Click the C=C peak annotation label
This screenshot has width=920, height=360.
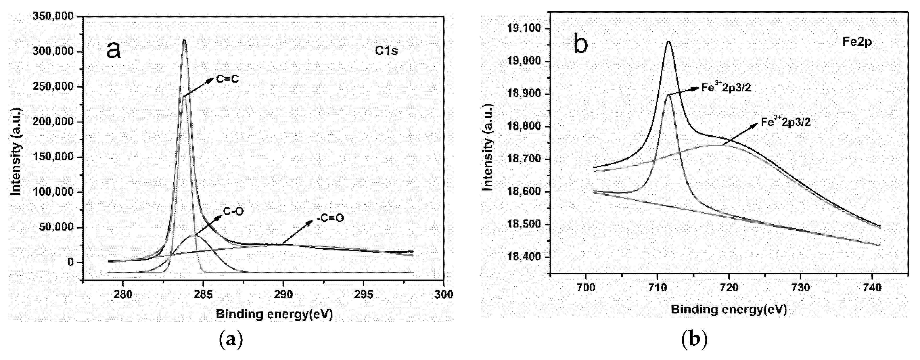tap(227, 79)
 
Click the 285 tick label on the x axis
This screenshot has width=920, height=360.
tap(203, 295)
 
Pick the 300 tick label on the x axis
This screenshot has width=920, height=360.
tap(444, 295)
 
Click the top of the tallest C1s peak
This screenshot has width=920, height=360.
tap(184, 40)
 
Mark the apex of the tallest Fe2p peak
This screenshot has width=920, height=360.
tap(669, 42)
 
